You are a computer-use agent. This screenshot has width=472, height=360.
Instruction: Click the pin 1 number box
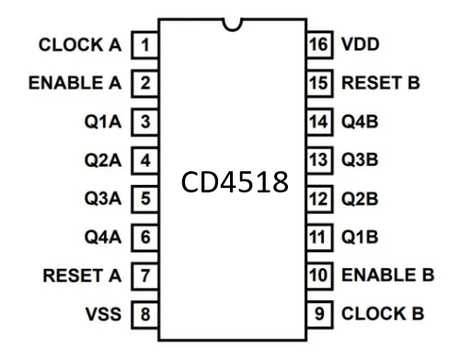pyautogui.click(x=145, y=44)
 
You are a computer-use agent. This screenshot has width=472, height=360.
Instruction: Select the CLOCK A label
pyautogui.click(x=81, y=44)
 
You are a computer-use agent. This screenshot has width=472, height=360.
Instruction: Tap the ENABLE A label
pyautogui.click(x=75, y=83)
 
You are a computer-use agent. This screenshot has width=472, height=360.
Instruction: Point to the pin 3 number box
pyautogui.click(x=145, y=122)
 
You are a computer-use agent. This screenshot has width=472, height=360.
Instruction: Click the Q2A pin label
pyautogui.click(x=102, y=160)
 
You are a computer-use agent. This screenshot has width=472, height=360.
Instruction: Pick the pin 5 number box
pyautogui.click(x=145, y=198)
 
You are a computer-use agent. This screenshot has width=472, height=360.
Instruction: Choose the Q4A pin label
pyautogui.click(x=102, y=237)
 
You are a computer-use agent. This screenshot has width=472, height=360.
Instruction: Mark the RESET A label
pyautogui.click(x=82, y=275)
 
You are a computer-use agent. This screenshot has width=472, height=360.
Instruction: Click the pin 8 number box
pyautogui.click(x=145, y=314)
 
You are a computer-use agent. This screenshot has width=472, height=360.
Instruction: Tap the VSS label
pyautogui.click(x=102, y=314)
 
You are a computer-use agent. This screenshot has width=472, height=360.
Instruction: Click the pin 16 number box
pyautogui.click(x=317, y=44)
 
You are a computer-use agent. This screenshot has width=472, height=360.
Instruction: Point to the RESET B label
pyautogui.click(x=380, y=83)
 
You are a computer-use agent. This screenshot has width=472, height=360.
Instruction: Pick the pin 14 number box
pyautogui.click(x=317, y=122)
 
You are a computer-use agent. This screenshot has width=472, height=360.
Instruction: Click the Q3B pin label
pyautogui.click(x=360, y=160)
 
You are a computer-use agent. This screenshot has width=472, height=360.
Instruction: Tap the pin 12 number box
pyautogui.click(x=317, y=198)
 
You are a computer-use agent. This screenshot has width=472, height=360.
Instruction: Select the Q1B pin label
pyautogui.click(x=360, y=237)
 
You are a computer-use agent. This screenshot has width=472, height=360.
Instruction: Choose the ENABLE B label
pyautogui.click(x=386, y=275)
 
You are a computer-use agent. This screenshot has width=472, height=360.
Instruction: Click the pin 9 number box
pyautogui.click(x=317, y=314)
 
